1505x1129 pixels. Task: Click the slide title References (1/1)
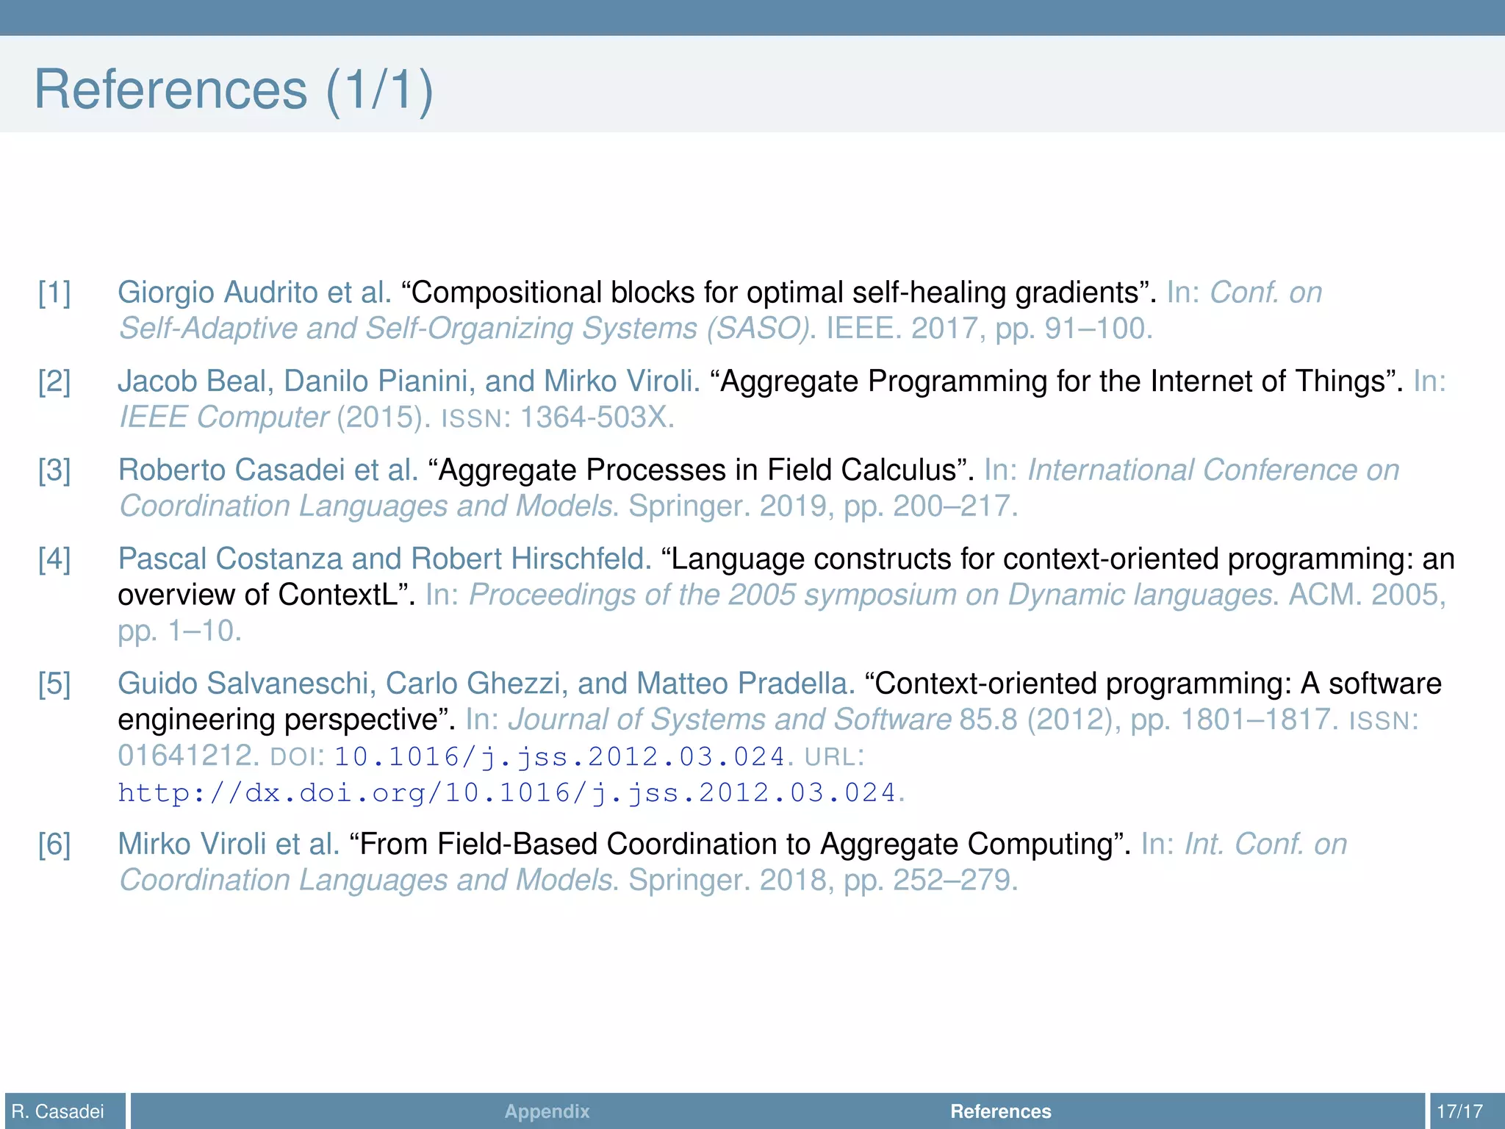click(234, 90)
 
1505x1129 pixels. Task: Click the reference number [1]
click(54, 293)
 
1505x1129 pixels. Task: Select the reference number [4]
click(54, 559)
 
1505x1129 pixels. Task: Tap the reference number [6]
click(54, 845)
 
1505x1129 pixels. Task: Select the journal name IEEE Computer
click(223, 417)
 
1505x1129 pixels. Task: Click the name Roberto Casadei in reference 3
click(231, 470)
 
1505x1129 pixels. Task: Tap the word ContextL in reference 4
click(338, 595)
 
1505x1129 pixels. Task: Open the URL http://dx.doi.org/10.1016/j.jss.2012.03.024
click(507, 793)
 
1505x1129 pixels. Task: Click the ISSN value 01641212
click(185, 756)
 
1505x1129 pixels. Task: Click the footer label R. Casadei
click(58, 1111)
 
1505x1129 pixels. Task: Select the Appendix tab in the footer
click(547, 1111)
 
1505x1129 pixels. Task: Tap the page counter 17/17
click(1459, 1111)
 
